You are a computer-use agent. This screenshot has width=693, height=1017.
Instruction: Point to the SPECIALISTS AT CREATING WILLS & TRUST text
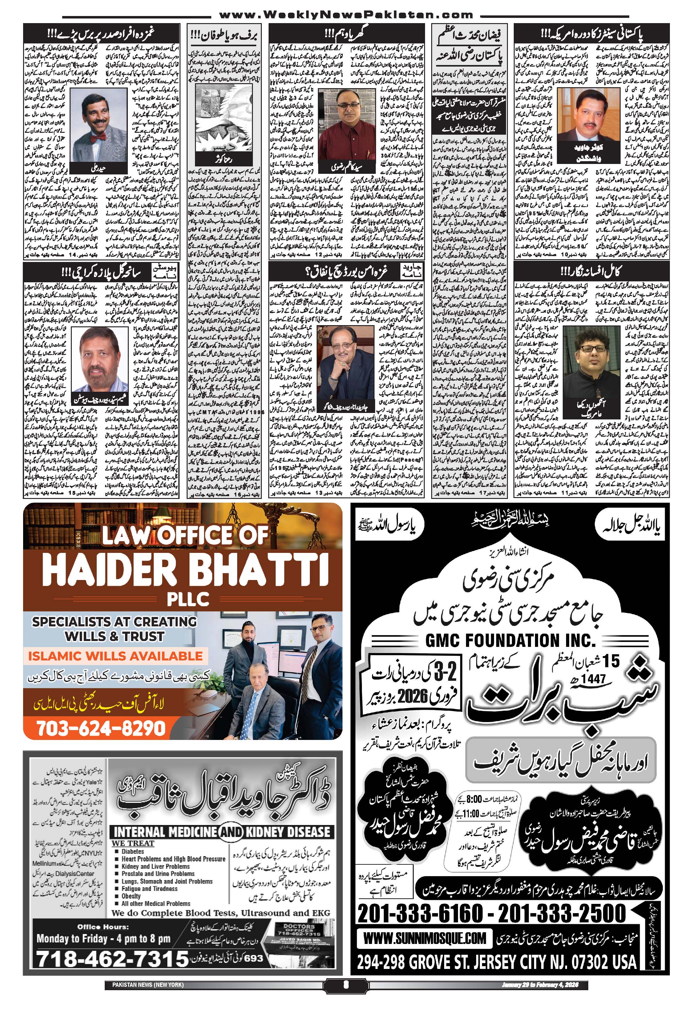(115, 628)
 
